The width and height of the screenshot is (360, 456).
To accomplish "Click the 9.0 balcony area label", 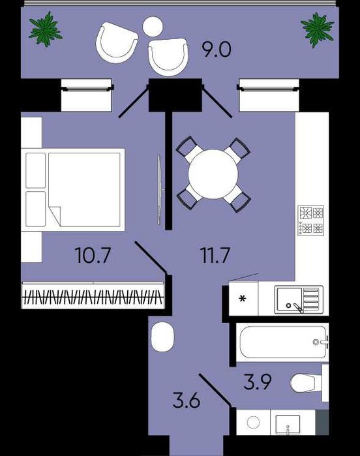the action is tap(217, 50).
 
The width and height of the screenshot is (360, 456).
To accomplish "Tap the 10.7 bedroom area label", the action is tap(93, 255).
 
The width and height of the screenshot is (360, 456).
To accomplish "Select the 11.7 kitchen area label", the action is tap(215, 255).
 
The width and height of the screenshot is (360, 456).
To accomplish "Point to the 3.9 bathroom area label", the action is tap(258, 382).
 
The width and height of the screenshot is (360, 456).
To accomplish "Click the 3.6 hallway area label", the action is tap(186, 401).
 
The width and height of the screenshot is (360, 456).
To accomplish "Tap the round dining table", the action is tap(213, 174).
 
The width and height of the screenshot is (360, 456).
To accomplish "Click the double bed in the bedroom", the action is tap(72, 190).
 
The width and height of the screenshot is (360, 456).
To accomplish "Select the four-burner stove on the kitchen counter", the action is tap(311, 220).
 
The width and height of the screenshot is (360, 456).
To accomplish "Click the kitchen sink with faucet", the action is tap(299, 299).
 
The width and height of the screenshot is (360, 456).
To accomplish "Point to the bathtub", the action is tap(283, 342).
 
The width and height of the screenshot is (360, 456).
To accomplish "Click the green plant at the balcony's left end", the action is tap(46, 29).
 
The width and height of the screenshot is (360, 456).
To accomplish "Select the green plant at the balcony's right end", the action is tap(317, 29).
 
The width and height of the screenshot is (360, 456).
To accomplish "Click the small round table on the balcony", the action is tap(153, 27).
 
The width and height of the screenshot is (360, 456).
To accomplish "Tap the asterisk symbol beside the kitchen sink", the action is tap(243, 299).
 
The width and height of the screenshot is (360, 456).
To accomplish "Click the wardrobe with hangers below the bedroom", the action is tap(93, 295).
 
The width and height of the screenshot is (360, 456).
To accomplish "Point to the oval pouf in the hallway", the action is tap(163, 337).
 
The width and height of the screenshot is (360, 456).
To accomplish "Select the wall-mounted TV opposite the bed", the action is tap(160, 190).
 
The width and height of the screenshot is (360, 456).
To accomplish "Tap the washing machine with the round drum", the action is tap(253, 422).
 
